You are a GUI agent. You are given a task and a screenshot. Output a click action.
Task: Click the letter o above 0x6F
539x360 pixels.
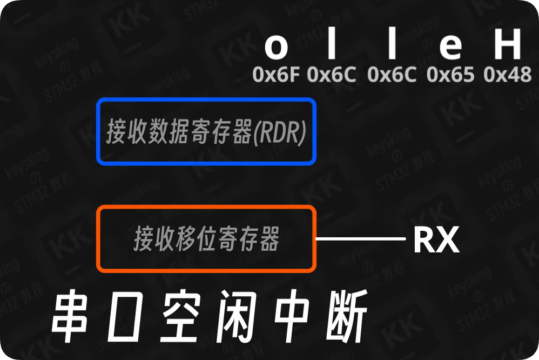(x=276, y=48)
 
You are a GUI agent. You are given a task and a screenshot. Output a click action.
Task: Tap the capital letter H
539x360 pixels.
(x=507, y=45)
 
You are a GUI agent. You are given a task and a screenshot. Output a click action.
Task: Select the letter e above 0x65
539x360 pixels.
(x=450, y=48)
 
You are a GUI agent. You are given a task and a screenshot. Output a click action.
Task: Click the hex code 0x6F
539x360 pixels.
(x=276, y=75)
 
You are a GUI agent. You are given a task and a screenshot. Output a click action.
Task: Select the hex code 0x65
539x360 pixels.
(x=450, y=75)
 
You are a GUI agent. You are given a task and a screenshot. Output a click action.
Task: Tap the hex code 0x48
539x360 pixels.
(x=508, y=75)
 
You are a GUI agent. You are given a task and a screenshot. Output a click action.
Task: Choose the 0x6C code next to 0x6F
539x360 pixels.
(x=332, y=75)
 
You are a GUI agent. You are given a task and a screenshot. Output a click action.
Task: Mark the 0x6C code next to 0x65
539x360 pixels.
(x=392, y=75)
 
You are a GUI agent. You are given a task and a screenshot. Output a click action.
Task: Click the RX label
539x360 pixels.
(x=436, y=240)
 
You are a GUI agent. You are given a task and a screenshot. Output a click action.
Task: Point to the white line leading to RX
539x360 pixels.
(x=360, y=238)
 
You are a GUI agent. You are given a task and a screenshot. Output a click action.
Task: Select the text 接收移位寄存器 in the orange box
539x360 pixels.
(x=206, y=239)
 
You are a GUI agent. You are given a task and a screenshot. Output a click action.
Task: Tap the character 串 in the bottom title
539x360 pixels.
(x=70, y=317)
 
